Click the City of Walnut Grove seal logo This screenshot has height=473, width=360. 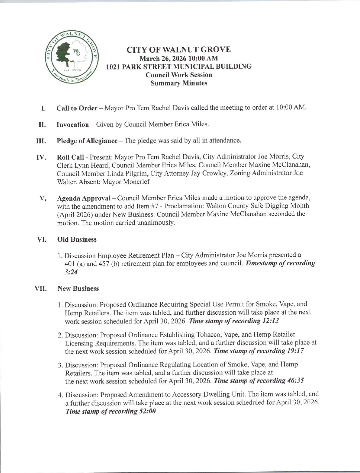coord(71,58)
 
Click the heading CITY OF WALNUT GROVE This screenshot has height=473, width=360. coord(178,50)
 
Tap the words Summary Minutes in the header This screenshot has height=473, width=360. coord(178,83)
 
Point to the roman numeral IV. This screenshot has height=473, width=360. coord(40,157)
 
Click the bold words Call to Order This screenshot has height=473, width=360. coord(77,108)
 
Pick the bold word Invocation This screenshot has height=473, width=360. coord(73,125)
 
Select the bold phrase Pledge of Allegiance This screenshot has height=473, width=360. coord(87,141)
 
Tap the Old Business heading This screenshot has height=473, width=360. coord(77,239)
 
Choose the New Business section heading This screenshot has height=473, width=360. coord(78,288)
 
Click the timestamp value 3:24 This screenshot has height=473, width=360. coord(71,272)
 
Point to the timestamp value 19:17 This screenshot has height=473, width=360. coord(295,351)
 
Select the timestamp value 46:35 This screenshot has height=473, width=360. coord(295,381)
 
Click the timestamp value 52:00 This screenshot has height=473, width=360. coord(147,411)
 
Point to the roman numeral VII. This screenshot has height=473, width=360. coord(41,288)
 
